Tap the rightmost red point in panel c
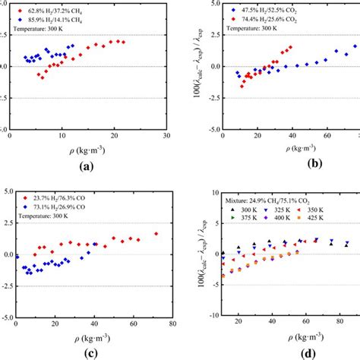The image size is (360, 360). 156,234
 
